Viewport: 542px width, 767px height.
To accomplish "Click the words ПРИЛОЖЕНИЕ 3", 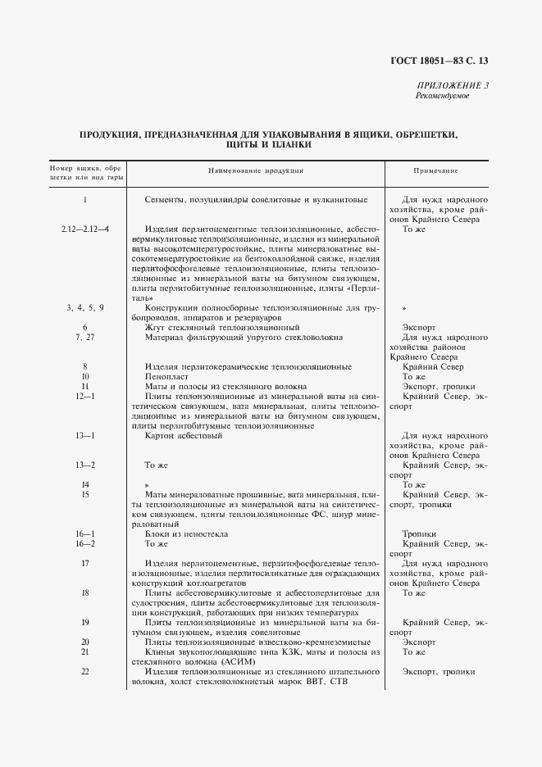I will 453,85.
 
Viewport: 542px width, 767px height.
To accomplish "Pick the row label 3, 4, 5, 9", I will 85,306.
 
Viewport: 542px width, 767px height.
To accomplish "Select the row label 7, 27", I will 85,337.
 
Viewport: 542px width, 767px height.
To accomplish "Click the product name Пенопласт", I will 162,376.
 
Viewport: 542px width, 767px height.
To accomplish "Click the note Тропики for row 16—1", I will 419,533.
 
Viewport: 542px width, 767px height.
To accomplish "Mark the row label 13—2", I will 85,465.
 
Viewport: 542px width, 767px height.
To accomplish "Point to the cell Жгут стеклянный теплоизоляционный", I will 222,327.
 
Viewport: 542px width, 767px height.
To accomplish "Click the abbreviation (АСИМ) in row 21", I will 237,661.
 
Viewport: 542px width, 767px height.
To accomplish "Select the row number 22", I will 85,671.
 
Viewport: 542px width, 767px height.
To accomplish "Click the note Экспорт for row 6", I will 419,327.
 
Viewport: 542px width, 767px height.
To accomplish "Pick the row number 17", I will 85,563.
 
